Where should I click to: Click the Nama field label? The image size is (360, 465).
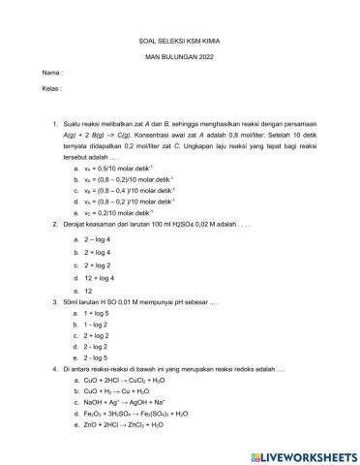click(52, 73)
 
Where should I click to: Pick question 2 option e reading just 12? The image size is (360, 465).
click(90, 290)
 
